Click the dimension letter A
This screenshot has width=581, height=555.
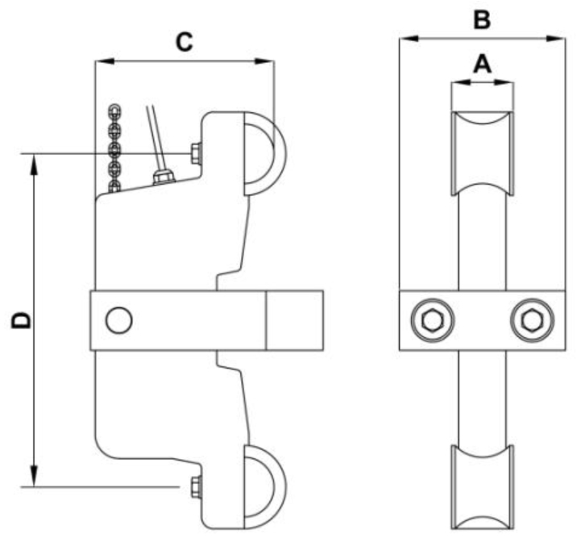tap(482, 65)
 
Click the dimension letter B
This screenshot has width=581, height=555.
tap(482, 19)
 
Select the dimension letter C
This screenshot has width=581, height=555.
tap(185, 42)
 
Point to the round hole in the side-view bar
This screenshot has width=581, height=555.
tap(118, 320)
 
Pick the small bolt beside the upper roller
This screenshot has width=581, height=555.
tap(194, 152)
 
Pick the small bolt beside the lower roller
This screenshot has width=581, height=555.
tap(194, 486)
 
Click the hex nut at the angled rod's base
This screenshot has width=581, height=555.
tap(161, 177)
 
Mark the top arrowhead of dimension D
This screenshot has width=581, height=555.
tap(34, 162)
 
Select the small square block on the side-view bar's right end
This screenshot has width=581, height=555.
tap(295, 320)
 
